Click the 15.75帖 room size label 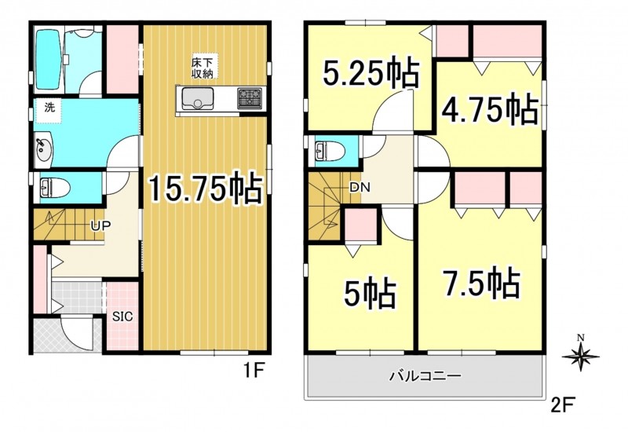click(206, 189)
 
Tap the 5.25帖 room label click(371, 73)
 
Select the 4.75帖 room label click(489, 108)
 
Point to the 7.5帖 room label click(481, 284)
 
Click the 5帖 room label click(370, 293)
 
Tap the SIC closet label click(122, 317)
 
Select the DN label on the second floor click(360, 187)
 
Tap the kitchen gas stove click(250, 98)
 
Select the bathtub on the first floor click(48, 60)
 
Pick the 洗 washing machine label click(49, 108)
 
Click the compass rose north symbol click(581, 355)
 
